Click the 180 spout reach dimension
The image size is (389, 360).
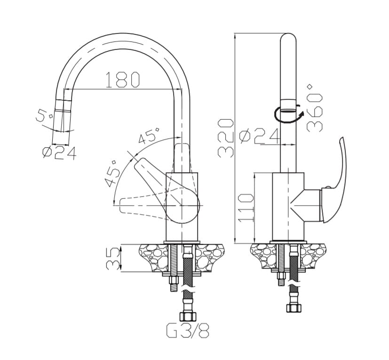[123, 80]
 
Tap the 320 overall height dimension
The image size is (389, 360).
[225, 138]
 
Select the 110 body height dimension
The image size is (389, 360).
[246, 208]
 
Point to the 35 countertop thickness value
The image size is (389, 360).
[113, 258]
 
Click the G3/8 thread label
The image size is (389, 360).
[187, 330]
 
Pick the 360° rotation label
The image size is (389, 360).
[315, 108]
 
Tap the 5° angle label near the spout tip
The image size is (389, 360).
[44, 115]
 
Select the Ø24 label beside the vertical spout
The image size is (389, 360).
[259, 137]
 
